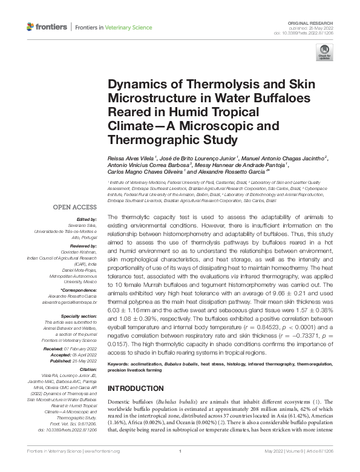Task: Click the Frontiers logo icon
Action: click(31, 27)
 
